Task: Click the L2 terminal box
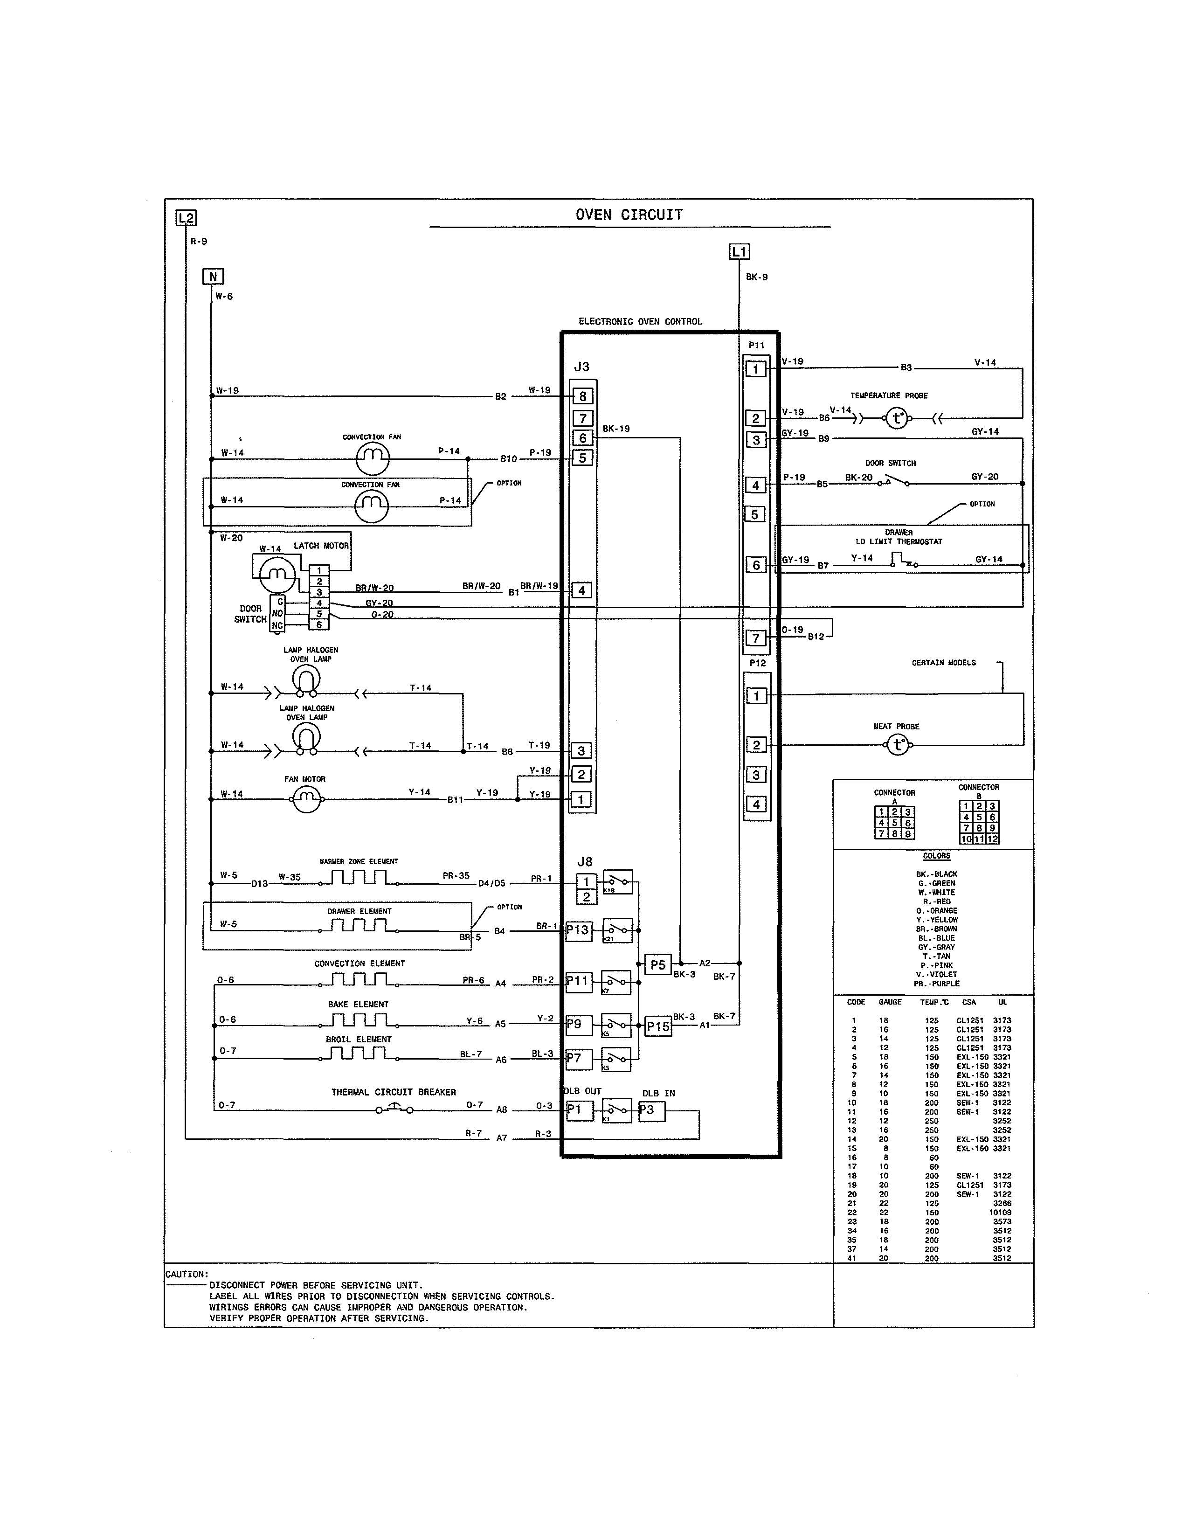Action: pos(186,218)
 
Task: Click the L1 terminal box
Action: pos(739,251)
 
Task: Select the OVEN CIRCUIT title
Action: pos(629,215)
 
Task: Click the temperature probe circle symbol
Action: pos(897,419)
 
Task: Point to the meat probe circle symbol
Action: pos(898,745)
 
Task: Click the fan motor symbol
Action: pos(306,799)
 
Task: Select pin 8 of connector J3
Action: pos(582,397)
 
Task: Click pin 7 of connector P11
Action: pos(756,638)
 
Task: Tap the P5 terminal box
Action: pos(658,965)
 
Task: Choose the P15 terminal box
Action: pos(658,1027)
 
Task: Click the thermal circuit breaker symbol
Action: pos(394,1109)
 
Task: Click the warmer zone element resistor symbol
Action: pos(359,879)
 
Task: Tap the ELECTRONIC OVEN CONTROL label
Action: pos(640,321)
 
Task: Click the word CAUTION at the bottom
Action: pos(187,1274)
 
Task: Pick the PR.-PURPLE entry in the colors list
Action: pos(936,984)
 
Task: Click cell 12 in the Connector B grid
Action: pos(993,839)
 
